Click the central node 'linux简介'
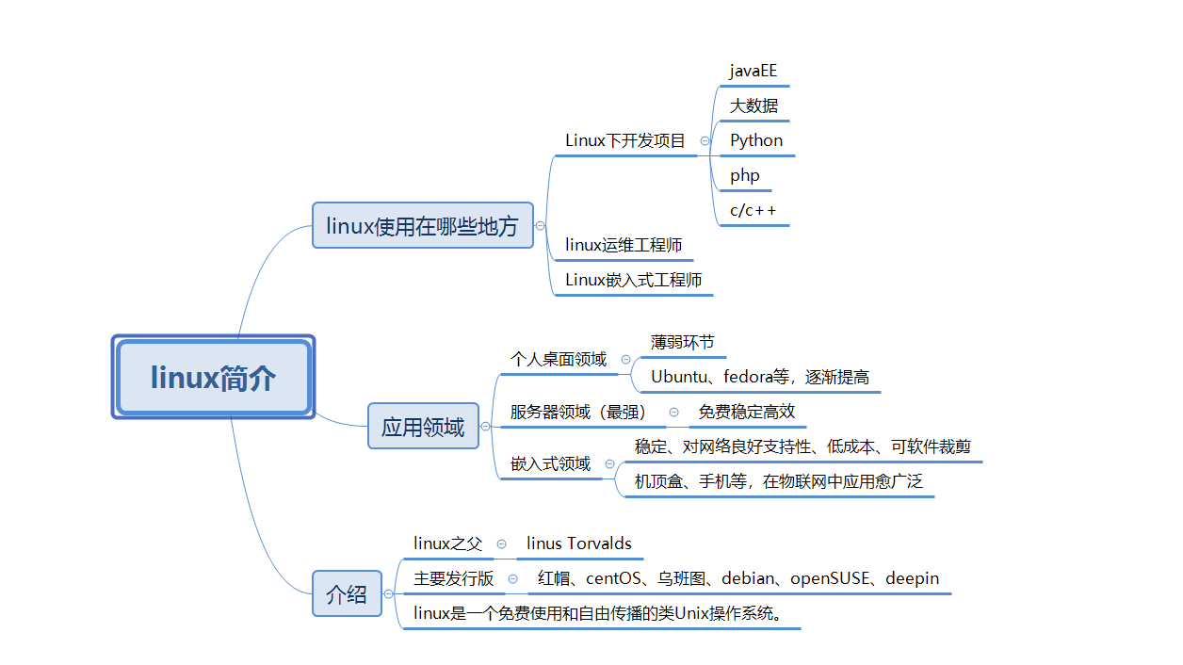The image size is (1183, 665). pos(213,378)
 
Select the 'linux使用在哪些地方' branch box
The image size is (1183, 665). pos(422,226)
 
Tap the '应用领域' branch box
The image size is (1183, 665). pos(423,427)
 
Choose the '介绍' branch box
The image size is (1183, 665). pos(347,594)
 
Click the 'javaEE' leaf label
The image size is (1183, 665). pos(754,72)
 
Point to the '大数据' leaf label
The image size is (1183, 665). pos(754,105)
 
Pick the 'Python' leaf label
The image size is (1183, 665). pos(756,140)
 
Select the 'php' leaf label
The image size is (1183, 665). pos(744,175)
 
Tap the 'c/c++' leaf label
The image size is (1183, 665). pos(754,210)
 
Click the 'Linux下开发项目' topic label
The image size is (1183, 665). pos(625,141)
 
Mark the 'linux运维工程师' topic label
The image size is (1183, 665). pos(624,245)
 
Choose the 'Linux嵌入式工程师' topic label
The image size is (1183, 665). pos(633,280)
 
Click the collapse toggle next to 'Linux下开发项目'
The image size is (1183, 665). pos(705,141)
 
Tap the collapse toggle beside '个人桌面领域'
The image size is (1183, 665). pos(625,360)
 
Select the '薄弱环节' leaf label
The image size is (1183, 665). pos(682,342)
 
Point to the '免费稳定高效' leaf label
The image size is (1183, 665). pos(747,412)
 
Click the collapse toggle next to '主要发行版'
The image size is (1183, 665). pos(513,579)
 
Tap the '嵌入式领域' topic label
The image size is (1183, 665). pos(550,463)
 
